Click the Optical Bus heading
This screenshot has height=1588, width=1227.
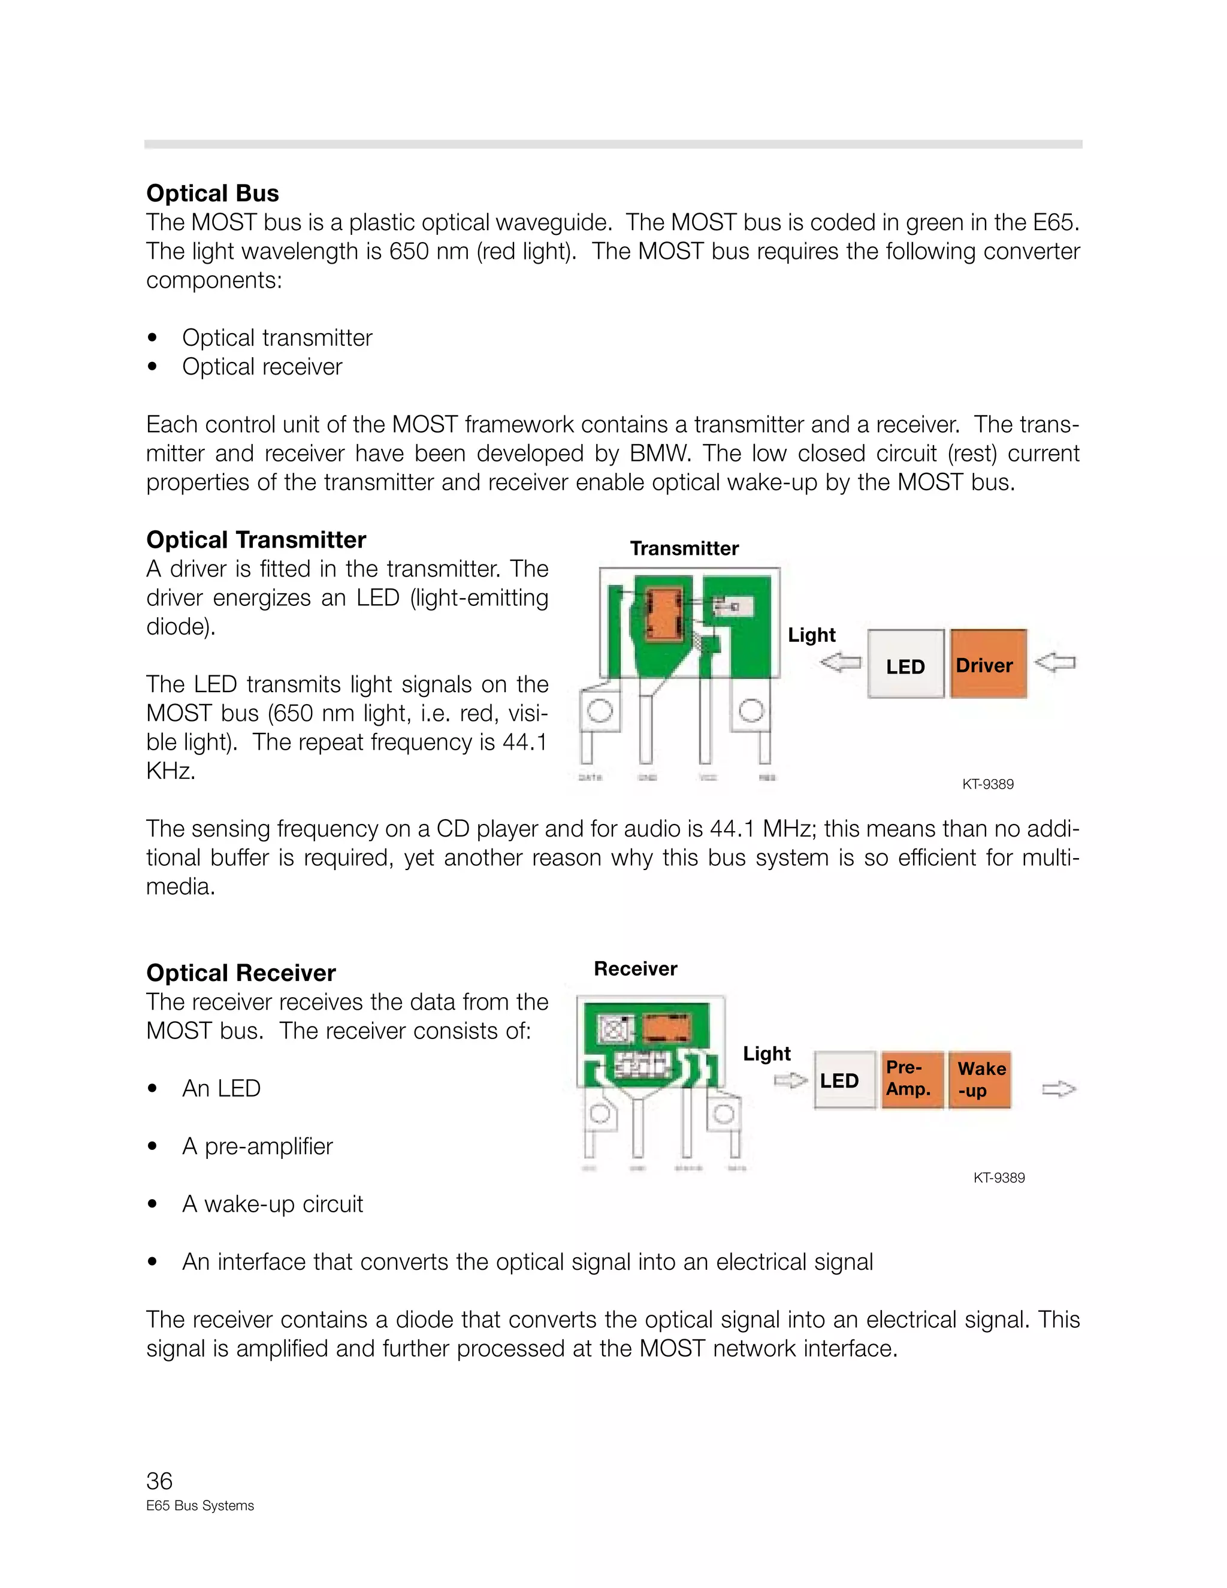click(212, 194)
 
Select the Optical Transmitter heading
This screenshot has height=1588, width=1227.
click(256, 541)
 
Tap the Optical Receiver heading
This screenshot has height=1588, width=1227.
click(241, 973)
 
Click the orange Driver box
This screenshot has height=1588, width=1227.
click(988, 665)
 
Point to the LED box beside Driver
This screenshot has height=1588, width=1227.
click(906, 665)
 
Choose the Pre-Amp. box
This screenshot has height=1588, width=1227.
click(911, 1079)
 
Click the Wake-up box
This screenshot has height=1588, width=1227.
click(980, 1079)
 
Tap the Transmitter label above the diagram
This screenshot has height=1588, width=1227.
click(684, 548)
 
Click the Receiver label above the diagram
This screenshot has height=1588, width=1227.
click(635, 968)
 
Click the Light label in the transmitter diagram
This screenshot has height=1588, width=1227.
click(812, 635)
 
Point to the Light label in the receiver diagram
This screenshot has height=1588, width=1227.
click(766, 1053)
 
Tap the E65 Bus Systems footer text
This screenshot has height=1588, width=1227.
click(200, 1506)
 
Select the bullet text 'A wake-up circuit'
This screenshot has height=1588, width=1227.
click(272, 1204)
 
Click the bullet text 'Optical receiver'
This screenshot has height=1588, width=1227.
click(262, 367)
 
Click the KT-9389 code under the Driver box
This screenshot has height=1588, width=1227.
click(988, 784)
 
